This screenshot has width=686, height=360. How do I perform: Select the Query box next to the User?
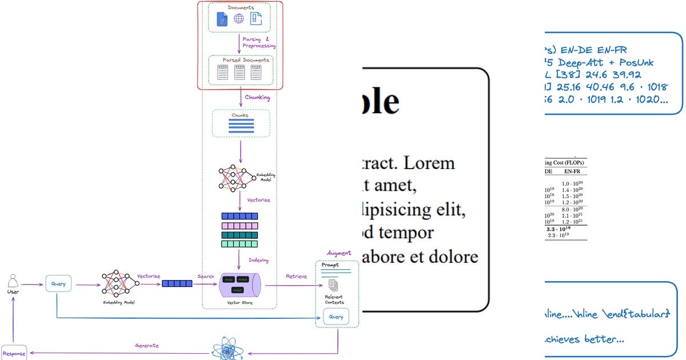tap(58, 283)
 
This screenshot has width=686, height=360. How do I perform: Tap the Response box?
tap(13, 354)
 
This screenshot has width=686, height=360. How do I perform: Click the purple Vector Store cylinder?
tap(240, 284)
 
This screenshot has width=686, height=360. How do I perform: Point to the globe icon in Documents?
tap(239, 19)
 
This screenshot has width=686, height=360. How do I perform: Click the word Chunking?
tap(257, 98)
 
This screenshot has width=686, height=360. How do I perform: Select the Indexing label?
tap(258, 261)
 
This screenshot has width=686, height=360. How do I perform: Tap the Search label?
tap(206, 277)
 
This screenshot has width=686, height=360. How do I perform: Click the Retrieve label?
tap(296, 277)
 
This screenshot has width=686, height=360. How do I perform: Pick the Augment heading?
tap(339, 253)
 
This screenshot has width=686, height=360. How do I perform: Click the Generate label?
tap(147, 346)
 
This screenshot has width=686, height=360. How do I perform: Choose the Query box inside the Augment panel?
tap(336, 317)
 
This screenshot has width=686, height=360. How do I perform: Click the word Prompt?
tap(330, 265)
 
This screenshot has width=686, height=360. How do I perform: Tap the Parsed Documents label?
tap(240, 59)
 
